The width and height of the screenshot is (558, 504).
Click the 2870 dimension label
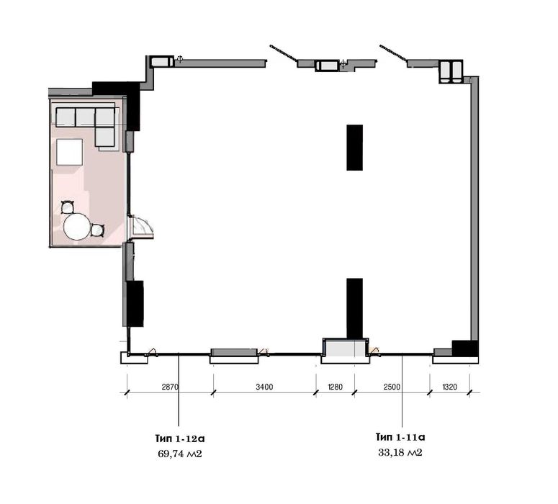coord(170,387)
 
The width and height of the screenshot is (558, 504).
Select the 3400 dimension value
coord(264,387)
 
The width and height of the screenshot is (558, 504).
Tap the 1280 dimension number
coord(334,387)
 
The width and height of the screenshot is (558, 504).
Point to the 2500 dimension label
coord(392,387)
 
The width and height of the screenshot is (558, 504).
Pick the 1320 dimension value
coord(450,387)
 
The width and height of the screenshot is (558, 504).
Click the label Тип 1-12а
coord(180,438)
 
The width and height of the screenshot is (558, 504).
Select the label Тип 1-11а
coord(400,437)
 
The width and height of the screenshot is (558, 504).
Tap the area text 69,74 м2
coord(180,454)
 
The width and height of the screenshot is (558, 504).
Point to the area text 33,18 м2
coord(400,453)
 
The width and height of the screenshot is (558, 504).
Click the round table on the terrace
coord(76,226)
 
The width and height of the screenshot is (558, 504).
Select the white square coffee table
coord(70,152)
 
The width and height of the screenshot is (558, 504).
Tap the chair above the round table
coord(68,207)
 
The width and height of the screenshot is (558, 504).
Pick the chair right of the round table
coord(96,230)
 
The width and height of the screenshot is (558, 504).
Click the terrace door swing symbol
coord(140,226)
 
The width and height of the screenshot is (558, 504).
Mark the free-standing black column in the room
coord(355,148)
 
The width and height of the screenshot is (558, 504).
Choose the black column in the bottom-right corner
coord(465,348)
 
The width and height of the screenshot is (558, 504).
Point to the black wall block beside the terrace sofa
coord(132,110)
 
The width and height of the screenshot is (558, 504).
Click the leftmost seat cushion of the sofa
coord(66,117)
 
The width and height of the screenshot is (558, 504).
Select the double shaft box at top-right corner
coord(451,71)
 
